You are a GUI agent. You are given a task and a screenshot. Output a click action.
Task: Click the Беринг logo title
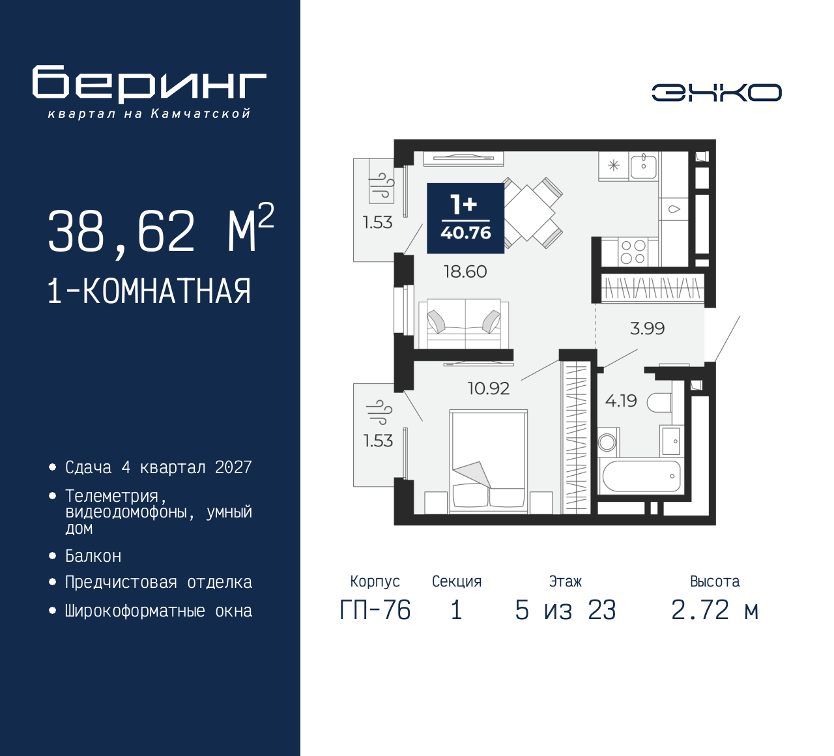click(149, 84)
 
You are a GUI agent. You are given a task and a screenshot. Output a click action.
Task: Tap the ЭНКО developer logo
click(716, 93)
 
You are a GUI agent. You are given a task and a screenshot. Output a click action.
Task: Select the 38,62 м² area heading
click(160, 231)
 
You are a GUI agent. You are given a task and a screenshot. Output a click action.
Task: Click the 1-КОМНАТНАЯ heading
click(149, 291)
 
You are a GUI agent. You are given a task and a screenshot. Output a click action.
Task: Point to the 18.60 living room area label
click(465, 272)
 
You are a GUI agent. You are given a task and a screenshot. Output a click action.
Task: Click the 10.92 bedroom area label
click(488, 388)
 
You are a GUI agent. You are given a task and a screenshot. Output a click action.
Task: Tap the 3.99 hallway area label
click(646, 328)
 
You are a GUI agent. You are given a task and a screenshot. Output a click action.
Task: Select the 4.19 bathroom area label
click(621, 401)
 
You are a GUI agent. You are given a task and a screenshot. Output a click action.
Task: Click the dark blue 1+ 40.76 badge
click(465, 218)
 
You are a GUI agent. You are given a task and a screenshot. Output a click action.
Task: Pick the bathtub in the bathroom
click(641, 477)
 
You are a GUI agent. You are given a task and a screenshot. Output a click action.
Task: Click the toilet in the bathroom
click(659, 403)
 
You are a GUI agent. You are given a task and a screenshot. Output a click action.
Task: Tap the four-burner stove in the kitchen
click(633, 252)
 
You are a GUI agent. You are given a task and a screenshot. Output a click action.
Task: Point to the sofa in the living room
click(463, 324)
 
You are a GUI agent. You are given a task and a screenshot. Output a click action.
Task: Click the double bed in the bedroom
click(488, 459)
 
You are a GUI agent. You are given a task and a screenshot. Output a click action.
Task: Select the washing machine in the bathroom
click(607, 443)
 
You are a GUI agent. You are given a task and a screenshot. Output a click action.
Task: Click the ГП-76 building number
click(375, 611)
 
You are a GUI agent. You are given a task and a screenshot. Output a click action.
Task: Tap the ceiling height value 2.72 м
click(714, 611)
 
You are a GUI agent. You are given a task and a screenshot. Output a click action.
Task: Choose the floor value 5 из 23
click(565, 611)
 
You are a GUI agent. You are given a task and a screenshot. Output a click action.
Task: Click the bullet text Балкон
click(93, 556)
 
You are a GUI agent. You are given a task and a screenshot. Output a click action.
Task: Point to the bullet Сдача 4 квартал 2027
click(158, 467)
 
